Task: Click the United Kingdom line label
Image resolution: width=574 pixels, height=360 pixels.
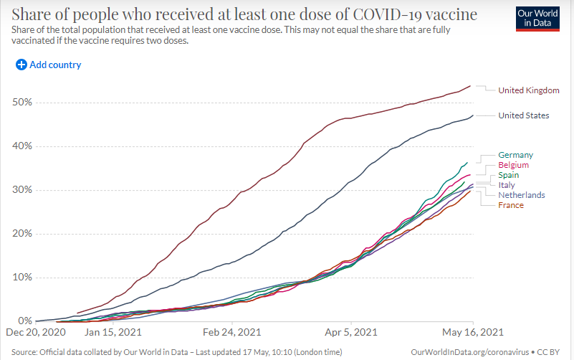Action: pos(528,90)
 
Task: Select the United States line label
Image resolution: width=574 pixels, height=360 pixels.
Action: pos(523,115)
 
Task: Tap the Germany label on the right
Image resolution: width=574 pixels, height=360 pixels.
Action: pos(515,155)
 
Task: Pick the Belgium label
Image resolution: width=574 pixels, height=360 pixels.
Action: pos(515,165)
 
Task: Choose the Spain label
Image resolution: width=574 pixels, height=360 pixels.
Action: pos(509,175)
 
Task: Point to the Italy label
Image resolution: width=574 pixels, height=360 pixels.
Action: pos(506,185)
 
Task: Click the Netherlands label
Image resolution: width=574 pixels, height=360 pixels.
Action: pos(521,195)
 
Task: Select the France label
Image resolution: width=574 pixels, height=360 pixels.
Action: pos(511,205)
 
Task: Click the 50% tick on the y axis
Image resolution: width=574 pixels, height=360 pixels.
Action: pos(21,103)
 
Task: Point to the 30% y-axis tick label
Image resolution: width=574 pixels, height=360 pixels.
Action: pos(21,190)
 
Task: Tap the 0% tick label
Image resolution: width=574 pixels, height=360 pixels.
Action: pos(24,321)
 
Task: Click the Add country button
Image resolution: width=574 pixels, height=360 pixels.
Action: pos(49,65)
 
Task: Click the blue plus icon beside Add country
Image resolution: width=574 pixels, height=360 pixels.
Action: pos(21,65)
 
